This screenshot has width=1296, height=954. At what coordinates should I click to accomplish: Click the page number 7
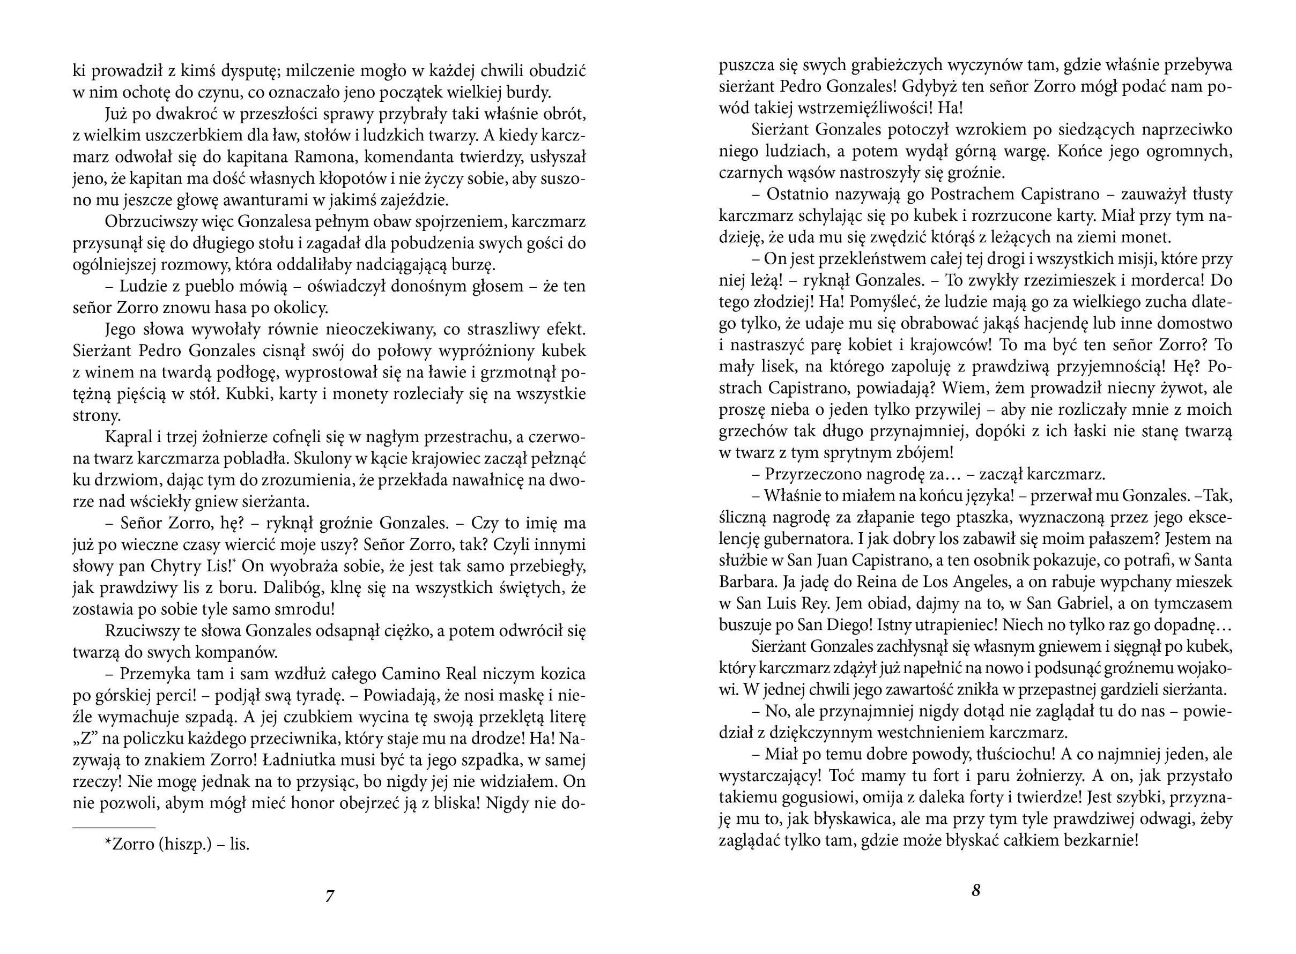pyautogui.click(x=330, y=896)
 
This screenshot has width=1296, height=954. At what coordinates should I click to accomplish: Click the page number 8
pyautogui.click(x=975, y=890)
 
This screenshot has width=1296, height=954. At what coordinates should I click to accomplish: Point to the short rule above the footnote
pyautogui.click(x=114, y=828)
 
